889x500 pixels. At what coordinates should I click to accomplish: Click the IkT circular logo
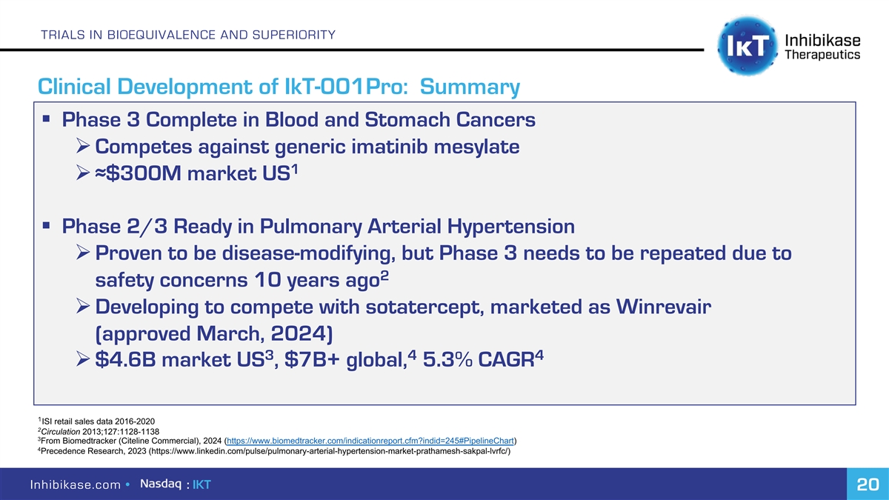[x=748, y=46]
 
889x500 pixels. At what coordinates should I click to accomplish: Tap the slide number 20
[x=868, y=484]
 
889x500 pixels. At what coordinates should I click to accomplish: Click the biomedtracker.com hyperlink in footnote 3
[x=370, y=441]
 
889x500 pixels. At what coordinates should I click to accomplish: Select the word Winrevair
[x=664, y=307]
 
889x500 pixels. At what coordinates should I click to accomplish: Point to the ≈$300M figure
[x=138, y=173]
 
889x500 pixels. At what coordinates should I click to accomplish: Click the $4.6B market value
[x=125, y=359]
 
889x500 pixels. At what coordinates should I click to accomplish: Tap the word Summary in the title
[x=470, y=87]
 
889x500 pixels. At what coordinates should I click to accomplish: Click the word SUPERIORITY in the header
[x=293, y=35]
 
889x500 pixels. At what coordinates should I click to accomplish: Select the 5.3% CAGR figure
[x=479, y=359]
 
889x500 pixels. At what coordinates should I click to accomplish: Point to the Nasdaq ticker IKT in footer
[x=202, y=484]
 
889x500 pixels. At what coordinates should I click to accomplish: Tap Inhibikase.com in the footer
[x=76, y=484]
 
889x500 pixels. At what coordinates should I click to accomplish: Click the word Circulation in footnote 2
[x=61, y=432]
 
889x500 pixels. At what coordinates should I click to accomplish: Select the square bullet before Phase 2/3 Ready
[x=46, y=226]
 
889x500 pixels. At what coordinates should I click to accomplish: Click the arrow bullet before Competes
[x=83, y=147]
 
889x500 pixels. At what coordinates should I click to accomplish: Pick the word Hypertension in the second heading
[x=510, y=227]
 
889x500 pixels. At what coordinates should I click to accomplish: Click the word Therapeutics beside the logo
[x=823, y=55]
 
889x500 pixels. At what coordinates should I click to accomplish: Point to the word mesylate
[x=476, y=147]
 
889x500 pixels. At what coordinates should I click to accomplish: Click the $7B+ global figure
[x=345, y=359]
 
